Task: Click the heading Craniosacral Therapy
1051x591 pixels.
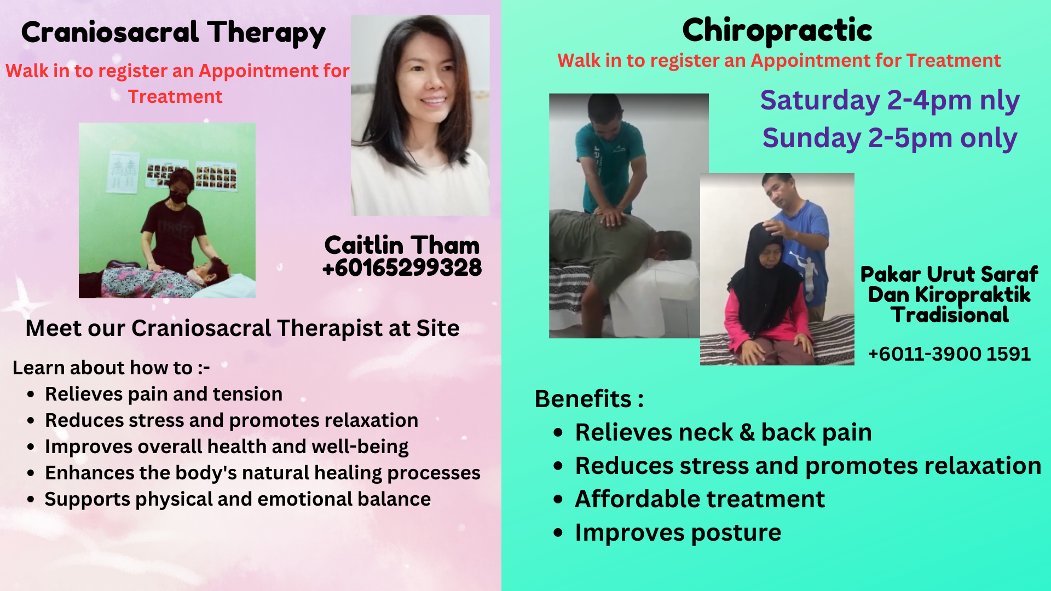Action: [174, 33]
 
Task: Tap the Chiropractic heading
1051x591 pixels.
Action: [777, 31]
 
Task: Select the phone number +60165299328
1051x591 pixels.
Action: [402, 268]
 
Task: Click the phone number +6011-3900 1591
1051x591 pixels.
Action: [950, 354]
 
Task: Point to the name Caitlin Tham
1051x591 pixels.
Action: [402, 245]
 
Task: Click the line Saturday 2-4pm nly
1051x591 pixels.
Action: [890, 101]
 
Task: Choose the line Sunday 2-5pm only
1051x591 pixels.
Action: [890, 138]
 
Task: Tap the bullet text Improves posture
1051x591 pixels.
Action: [678, 532]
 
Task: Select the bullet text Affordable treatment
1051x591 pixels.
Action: [700, 499]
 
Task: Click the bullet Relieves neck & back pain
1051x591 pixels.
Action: [723, 432]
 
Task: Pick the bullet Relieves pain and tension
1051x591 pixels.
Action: [164, 394]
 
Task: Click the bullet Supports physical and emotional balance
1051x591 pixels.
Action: [238, 499]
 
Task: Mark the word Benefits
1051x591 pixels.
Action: [583, 399]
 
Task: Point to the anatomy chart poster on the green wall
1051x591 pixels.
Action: [123, 172]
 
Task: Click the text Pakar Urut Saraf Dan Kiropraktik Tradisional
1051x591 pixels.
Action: [949, 294]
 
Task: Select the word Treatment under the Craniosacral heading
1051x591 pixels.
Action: [175, 97]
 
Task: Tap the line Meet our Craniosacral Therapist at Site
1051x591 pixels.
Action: [242, 328]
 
